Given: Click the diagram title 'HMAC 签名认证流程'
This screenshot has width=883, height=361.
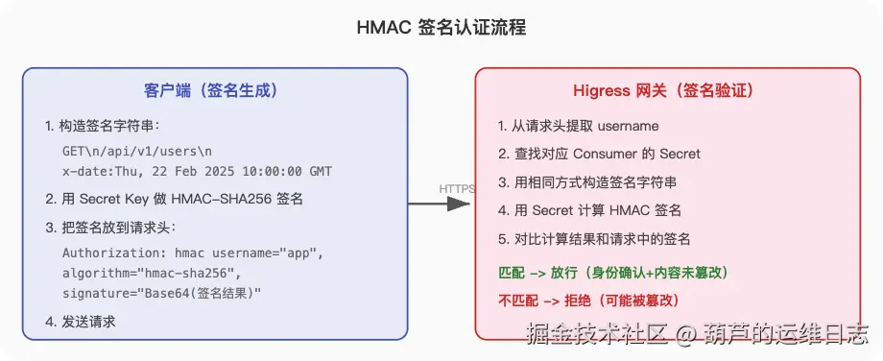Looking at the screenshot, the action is pos(441,28).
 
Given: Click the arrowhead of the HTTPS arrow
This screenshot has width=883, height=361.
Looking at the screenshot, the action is pos(459,204).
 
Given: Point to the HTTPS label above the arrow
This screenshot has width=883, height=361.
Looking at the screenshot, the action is pos(457,189).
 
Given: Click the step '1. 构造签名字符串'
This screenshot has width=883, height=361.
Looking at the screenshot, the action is pos(103,126).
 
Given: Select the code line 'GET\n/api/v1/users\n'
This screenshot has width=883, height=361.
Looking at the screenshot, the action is pos(137,152).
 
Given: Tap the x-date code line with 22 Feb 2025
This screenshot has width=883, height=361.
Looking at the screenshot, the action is pos(197,171).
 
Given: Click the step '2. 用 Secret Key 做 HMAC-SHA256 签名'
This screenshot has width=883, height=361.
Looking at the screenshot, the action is pos(175,199).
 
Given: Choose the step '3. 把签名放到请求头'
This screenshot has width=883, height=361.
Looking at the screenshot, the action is pos(110,227).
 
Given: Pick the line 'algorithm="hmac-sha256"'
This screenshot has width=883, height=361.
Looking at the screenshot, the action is pos(152,273).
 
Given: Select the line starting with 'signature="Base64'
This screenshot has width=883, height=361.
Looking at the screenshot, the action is pos(162,294).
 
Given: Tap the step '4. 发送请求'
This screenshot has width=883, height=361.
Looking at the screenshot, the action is pos(81,322).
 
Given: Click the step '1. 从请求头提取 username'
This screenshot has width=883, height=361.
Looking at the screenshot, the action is pos(579,126).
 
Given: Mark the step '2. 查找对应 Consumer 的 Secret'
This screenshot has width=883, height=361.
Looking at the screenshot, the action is pos(599,154).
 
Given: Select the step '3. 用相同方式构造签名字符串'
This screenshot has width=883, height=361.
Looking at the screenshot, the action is pos(587,181).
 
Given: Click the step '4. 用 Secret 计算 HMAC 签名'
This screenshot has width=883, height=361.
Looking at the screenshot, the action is pos(589,210).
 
